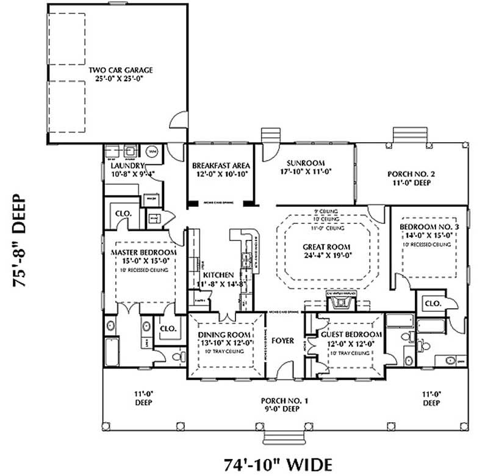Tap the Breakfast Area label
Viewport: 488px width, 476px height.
(x=220, y=165)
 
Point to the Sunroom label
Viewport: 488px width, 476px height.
(x=306, y=162)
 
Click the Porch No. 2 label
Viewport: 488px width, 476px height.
(x=411, y=174)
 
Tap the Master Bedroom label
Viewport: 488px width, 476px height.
(x=144, y=252)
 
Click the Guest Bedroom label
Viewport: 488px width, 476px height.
(x=351, y=335)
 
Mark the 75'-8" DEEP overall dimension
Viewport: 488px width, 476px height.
(x=20, y=241)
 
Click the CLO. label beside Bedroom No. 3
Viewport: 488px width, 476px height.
(x=432, y=303)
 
